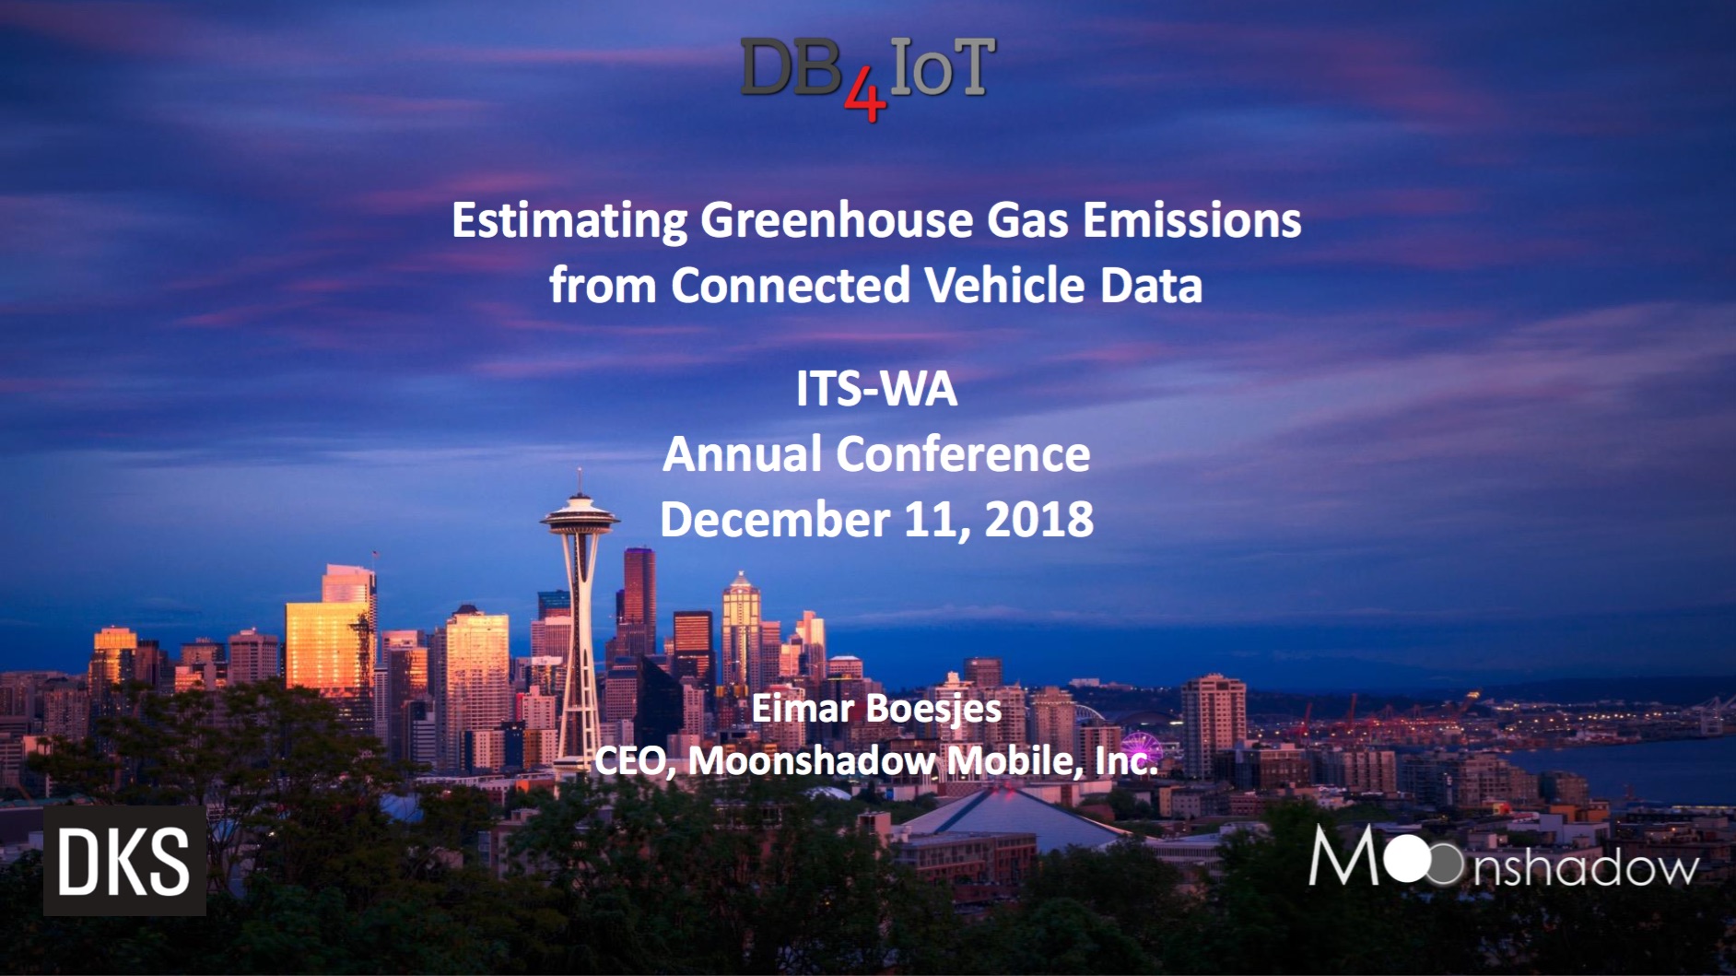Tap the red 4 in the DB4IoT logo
point(864,100)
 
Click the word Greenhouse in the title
point(837,221)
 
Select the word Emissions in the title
point(1191,221)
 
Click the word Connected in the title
point(791,285)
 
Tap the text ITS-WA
point(876,389)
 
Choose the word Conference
point(962,454)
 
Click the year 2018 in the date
point(1039,520)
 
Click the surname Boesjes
point(933,710)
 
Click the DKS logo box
point(124,862)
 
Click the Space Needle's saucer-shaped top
point(580,517)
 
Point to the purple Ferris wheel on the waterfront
point(1140,748)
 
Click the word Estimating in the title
point(569,222)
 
